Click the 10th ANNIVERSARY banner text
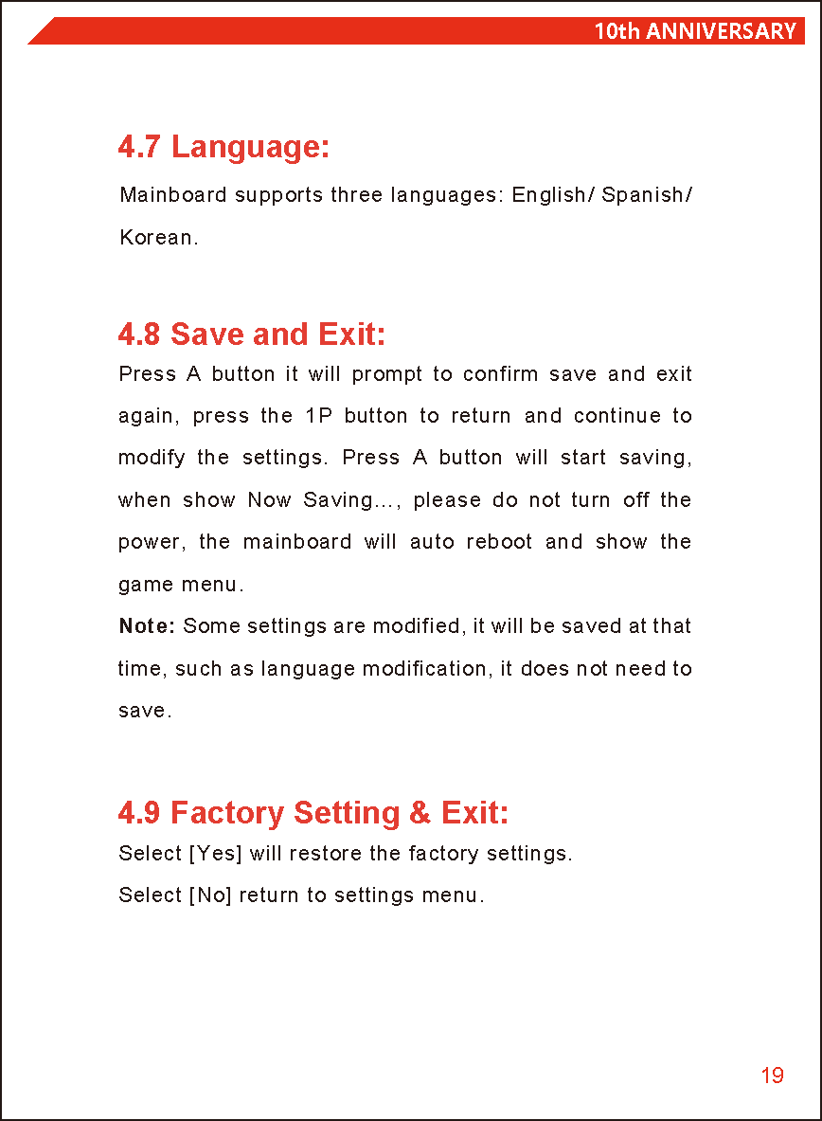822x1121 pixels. click(694, 31)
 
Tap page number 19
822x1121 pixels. click(772, 1076)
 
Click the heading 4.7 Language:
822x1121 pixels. click(223, 148)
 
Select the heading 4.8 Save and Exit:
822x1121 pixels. click(252, 334)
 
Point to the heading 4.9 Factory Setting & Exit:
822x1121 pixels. click(313, 813)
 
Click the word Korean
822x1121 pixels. click(158, 238)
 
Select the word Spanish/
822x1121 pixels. click(647, 195)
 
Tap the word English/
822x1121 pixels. click(553, 195)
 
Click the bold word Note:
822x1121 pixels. click(147, 626)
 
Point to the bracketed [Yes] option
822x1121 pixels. click(216, 854)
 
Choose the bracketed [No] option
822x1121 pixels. click(210, 895)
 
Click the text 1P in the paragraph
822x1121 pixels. click(317, 416)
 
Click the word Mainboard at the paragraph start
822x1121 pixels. click(173, 195)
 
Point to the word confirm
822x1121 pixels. click(500, 374)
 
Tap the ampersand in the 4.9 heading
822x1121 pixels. click(420, 814)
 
